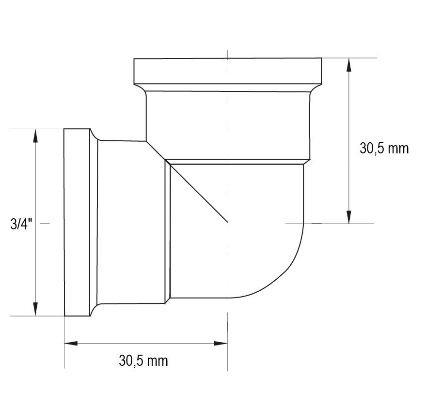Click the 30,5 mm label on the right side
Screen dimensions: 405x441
pyautogui.click(x=384, y=148)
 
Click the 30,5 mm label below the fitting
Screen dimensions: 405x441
pyautogui.click(x=143, y=360)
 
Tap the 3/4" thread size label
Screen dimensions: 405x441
pyautogui.click(x=21, y=224)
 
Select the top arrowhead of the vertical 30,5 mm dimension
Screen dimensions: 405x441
pyautogui.click(x=348, y=65)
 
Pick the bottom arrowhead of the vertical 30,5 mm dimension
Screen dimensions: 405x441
pyautogui.click(x=348, y=217)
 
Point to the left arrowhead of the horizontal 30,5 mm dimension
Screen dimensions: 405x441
pyautogui.click(x=71, y=344)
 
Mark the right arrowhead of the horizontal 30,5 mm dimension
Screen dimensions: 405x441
pyautogui.click(x=221, y=344)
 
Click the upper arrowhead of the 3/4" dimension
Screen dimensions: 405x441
pyautogui.click(x=35, y=136)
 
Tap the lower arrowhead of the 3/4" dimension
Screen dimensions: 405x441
pyautogui.click(x=35, y=309)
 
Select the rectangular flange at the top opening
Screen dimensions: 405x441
pyautogui.click(x=227, y=71)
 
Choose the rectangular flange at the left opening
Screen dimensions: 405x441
pyautogui.click(x=77, y=223)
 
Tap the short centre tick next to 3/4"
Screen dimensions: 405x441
pyautogui.click(x=45, y=224)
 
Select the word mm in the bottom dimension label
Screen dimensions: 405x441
pyautogui.click(x=158, y=360)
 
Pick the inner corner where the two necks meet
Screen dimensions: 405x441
pyautogui.click(x=147, y=141)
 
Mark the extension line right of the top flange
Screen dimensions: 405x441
pyautogui.click(x=349, y=58)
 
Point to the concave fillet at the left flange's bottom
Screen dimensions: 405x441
pyautogui.click(x=95, y=308)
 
